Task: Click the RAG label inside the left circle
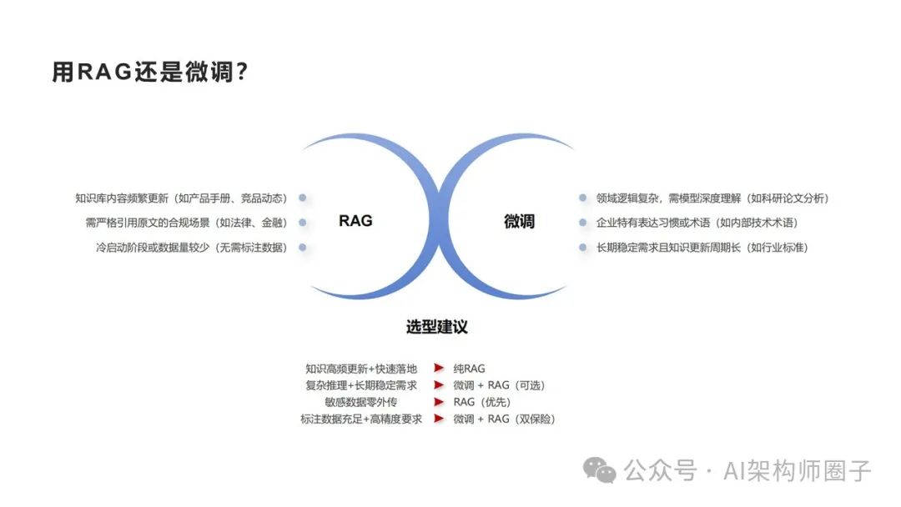(x=355, y=221)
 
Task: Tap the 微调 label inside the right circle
(x=519, y=222)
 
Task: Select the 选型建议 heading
(x=437, y=326)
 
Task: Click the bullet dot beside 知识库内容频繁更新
(x=302, y=198)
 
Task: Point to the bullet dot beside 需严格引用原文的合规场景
(x=302, y=223)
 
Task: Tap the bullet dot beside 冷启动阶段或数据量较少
(x=302, y=248)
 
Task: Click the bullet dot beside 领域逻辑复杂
(x=582, y=198)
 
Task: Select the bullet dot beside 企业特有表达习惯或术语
(x=582, y=223)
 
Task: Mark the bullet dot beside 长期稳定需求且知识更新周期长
(x=582, y=248)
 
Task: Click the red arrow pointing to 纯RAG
(x=438, y=368)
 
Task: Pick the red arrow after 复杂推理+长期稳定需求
(x=438, y=384)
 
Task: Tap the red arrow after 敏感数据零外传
(x=438, y=402)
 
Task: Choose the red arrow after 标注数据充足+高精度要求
(x=438, y=419)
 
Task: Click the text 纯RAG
(x=469, y=368)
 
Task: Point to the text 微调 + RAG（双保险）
(x=504, y=419)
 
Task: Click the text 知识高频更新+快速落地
(x=361, y=368)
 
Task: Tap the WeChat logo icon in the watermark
(x=600, y=469)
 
